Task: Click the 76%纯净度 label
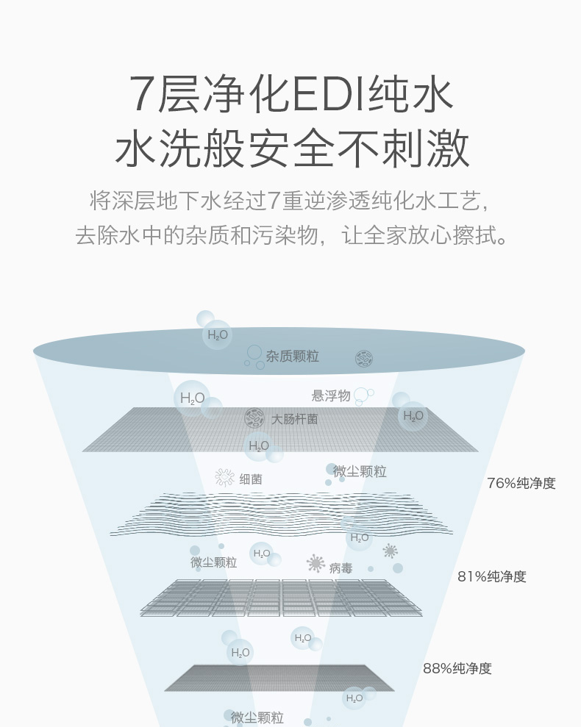(521, 483)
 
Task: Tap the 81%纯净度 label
(492, 576)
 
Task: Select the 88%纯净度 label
(457, 668)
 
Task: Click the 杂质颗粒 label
(293, 356)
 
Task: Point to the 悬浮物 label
(331, 395)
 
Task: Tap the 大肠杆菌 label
(295, 419)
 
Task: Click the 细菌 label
(251, 479)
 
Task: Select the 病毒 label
(341, 568)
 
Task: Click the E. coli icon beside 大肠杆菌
(254, 418)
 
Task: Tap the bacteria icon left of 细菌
(224, 478)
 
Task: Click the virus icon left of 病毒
(316, 563)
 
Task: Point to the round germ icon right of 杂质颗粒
(364, 359)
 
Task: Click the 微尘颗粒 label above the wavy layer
(360, 471)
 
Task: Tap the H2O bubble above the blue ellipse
(217, 334)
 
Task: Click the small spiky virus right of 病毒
(391, 551)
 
